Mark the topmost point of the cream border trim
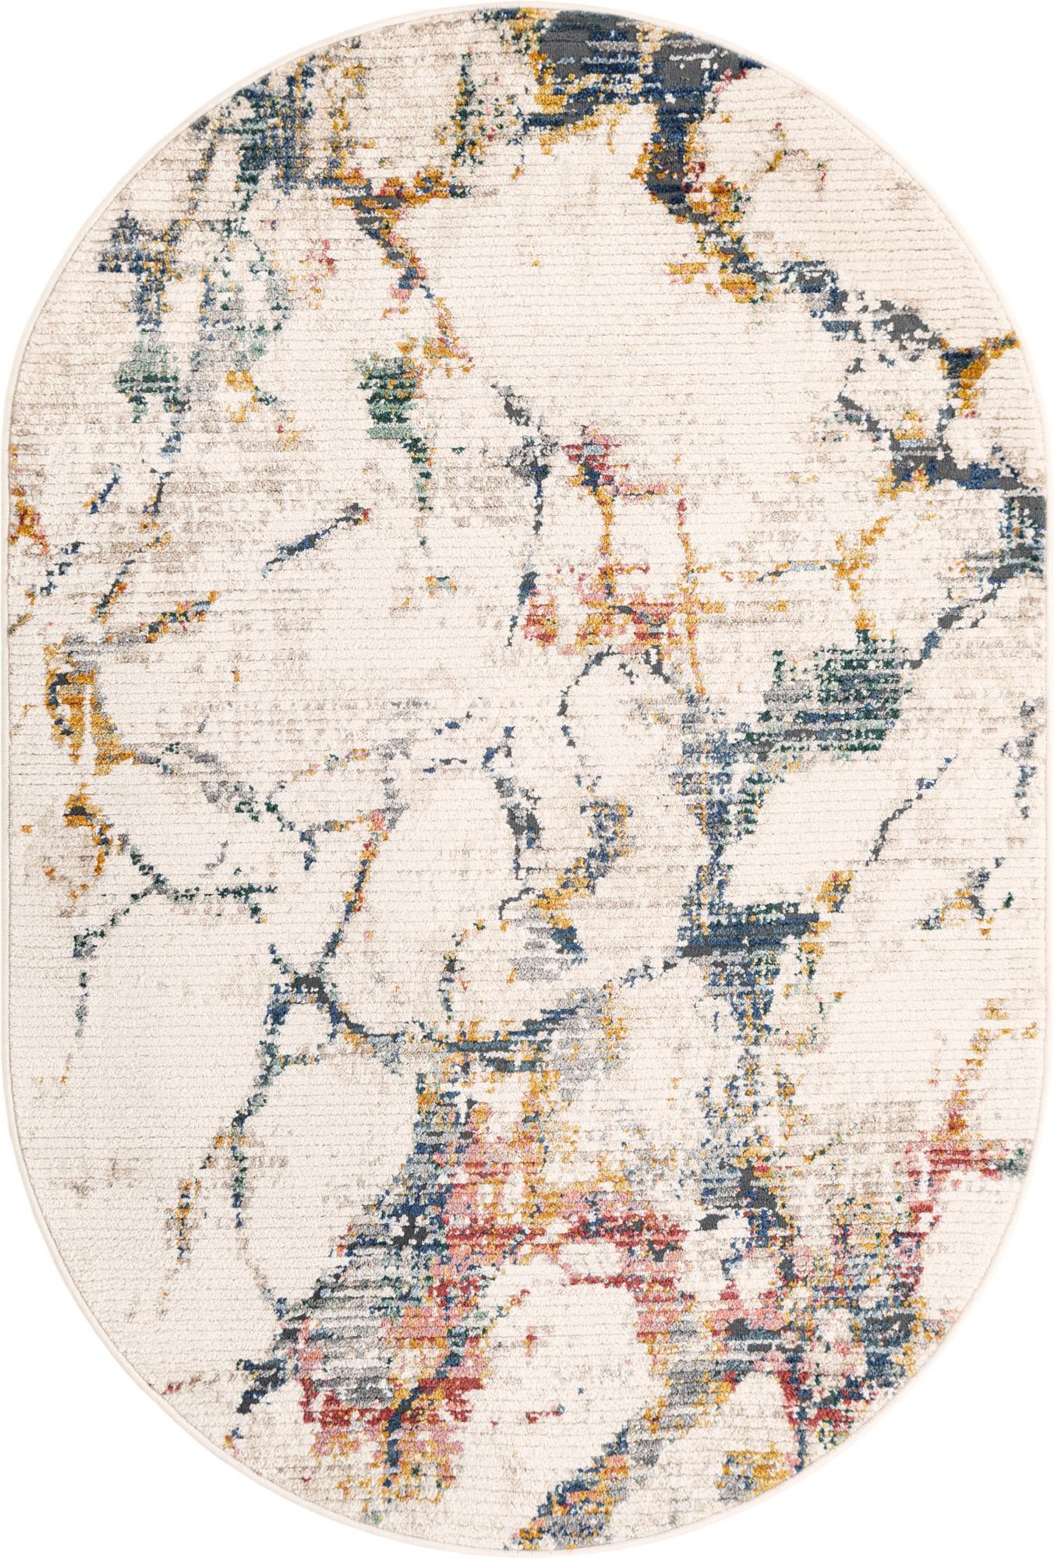pyautogui.click(x=527, y=3)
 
